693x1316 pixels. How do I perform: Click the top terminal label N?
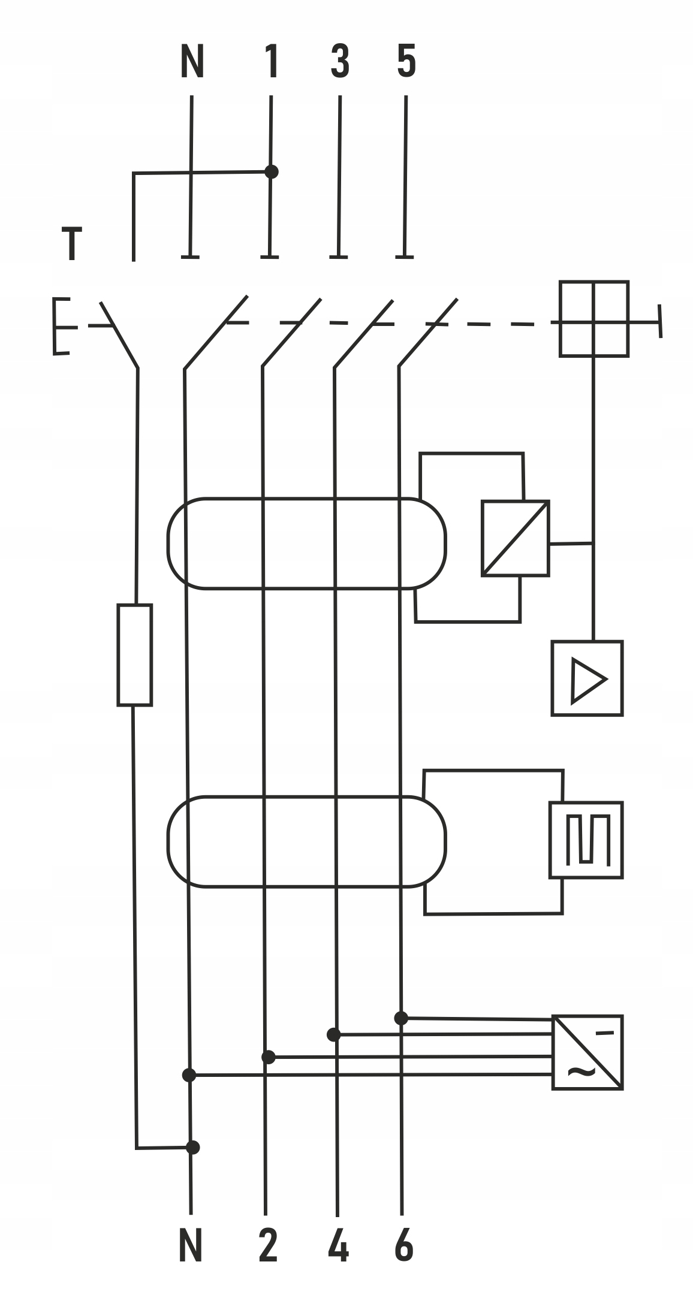pyautogui.click(x=192, y=62)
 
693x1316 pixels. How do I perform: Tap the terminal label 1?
pyautogui.click(x=272, y=62)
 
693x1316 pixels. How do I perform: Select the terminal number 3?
pyautogui.click(x=340, y=62)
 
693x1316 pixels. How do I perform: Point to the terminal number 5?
pyautogui.click(x=406, y=62)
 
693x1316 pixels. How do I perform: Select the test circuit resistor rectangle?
pyautogui.click(x=134, y=655)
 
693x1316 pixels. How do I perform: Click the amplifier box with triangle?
pyautogui.click(x=587, y=678)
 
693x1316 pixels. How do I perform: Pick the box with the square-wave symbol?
pyautogui.click(x=586, y=840)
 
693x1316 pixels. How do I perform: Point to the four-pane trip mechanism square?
pyautogui.click(x=594, y=319)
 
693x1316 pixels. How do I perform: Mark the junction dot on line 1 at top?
pyautogui.click(x=272, y=172)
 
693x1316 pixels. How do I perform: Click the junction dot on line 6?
pyautogui.click(x=401, y=1018)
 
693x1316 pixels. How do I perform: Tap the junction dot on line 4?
pyautogui.click(x=334, y=1035)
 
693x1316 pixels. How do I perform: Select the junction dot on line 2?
pyautogui.click(x=269, y=1057)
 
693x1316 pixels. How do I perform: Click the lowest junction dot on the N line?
pyautogui.click(x=192, y=1148)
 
